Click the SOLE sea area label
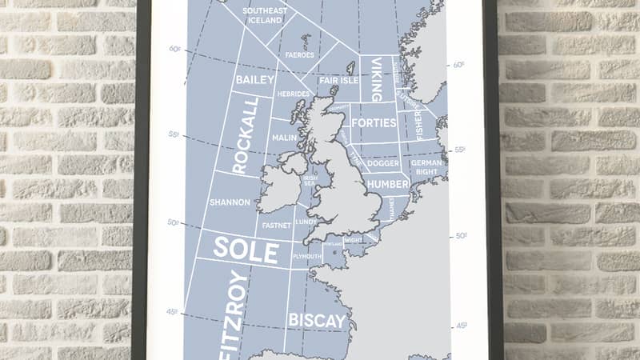click(x=245, y=251)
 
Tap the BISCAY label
click(x=318, y=321)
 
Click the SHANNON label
click(x=230, y=202)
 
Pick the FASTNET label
click(x=275, y=226)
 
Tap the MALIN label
click(x=284, y=138)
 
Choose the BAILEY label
click(x=254, y=80)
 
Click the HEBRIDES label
click(x=294, y=94)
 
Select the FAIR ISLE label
click(x=338, y=80)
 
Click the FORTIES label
click(x=374, y=123)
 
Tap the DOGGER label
click(x=383, y=163)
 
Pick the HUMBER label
click(x=387, y=185)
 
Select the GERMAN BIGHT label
click(x=426, y=167)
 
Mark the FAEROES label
click(x=298, y=55)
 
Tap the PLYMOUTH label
click(x=308, y=256)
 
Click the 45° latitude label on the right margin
click(x=461, y=326)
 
